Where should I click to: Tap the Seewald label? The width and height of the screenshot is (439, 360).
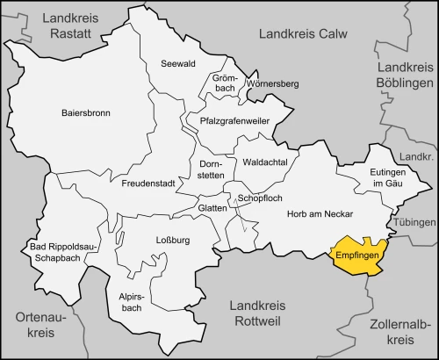pyautogui.click(x=178, y=64)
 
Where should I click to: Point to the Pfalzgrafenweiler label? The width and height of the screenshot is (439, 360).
pyautogui.click(x=234, y=121)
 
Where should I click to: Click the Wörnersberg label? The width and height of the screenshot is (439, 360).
pyautogui.click(x=273, y=84)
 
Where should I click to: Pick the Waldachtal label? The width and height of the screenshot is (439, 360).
pyautogui.click(x=263, y=163)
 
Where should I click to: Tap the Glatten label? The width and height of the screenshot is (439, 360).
pyautogui.click(x=212, y=208)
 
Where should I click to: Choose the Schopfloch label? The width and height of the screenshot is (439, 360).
pyautogui.click(x=260, y=199)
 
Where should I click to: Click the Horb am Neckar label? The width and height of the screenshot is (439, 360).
pyautogui.click(x=320, y=214)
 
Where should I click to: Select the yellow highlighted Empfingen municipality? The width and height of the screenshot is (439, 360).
pyautogui.click(x=356, y=256)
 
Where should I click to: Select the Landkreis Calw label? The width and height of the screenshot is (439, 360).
pyautogui.click(x=302, y=33)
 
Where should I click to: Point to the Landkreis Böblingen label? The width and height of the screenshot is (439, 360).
pyautogui.click(x=405, y=76)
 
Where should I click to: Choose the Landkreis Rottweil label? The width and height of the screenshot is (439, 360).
pyautogui.click(x=257, y=313)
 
